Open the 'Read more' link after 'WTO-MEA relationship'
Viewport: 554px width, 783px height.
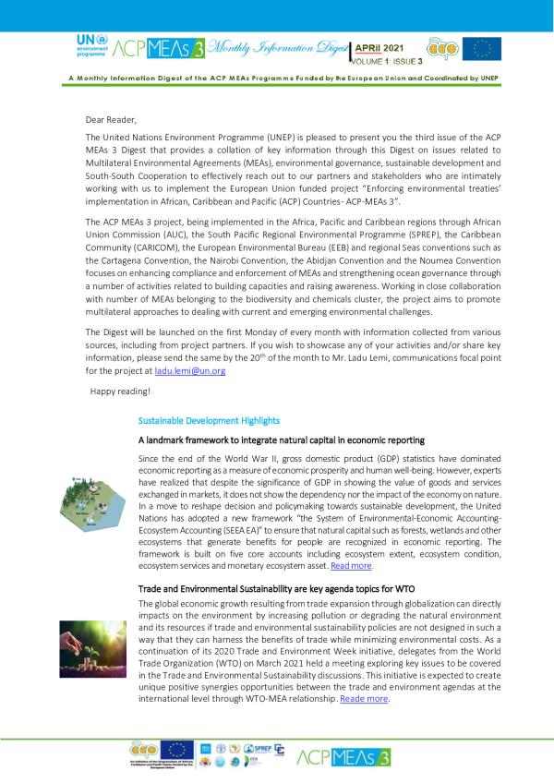click(x=364, y=700)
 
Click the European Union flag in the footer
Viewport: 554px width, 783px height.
click(x=176, y=751)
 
